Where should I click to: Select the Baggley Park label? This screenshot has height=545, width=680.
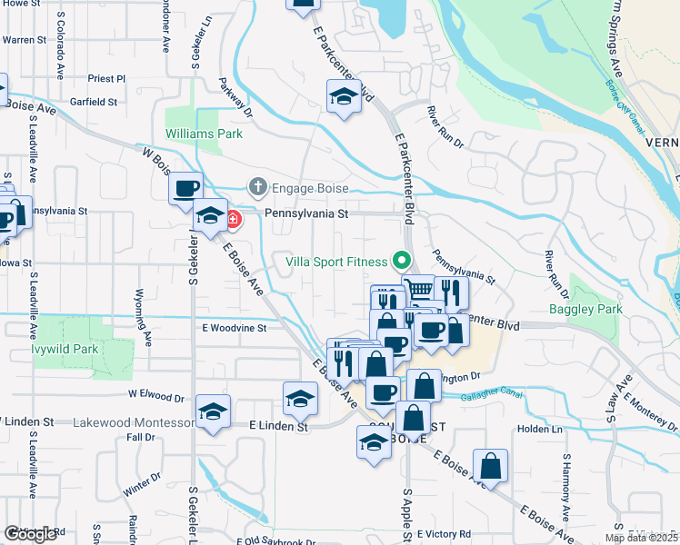586,309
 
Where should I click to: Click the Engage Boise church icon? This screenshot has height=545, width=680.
258,187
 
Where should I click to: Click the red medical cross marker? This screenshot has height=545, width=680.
234,219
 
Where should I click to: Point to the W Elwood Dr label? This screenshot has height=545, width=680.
155,396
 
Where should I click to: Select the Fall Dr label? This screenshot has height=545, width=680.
142,437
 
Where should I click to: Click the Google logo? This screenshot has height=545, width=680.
30,534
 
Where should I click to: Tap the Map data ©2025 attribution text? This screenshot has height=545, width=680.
642,538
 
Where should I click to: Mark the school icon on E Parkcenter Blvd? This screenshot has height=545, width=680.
345,96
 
